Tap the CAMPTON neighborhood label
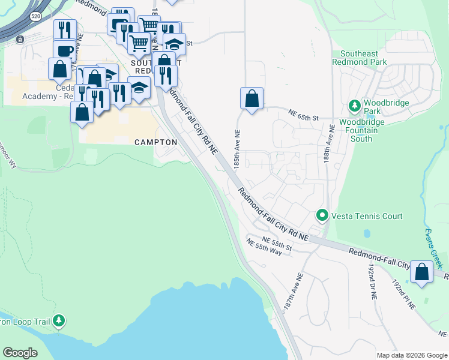click(155, 142)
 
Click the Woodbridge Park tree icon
click(355, 106)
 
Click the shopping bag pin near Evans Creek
click(422, 272)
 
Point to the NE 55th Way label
click(268, 248)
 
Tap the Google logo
click(20, 352)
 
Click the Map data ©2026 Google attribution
click(411, 355)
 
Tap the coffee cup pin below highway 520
click(64, 50)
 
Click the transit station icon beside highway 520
click(21, 40)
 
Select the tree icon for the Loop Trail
click(58, 321)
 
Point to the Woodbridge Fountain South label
click(364, 130)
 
